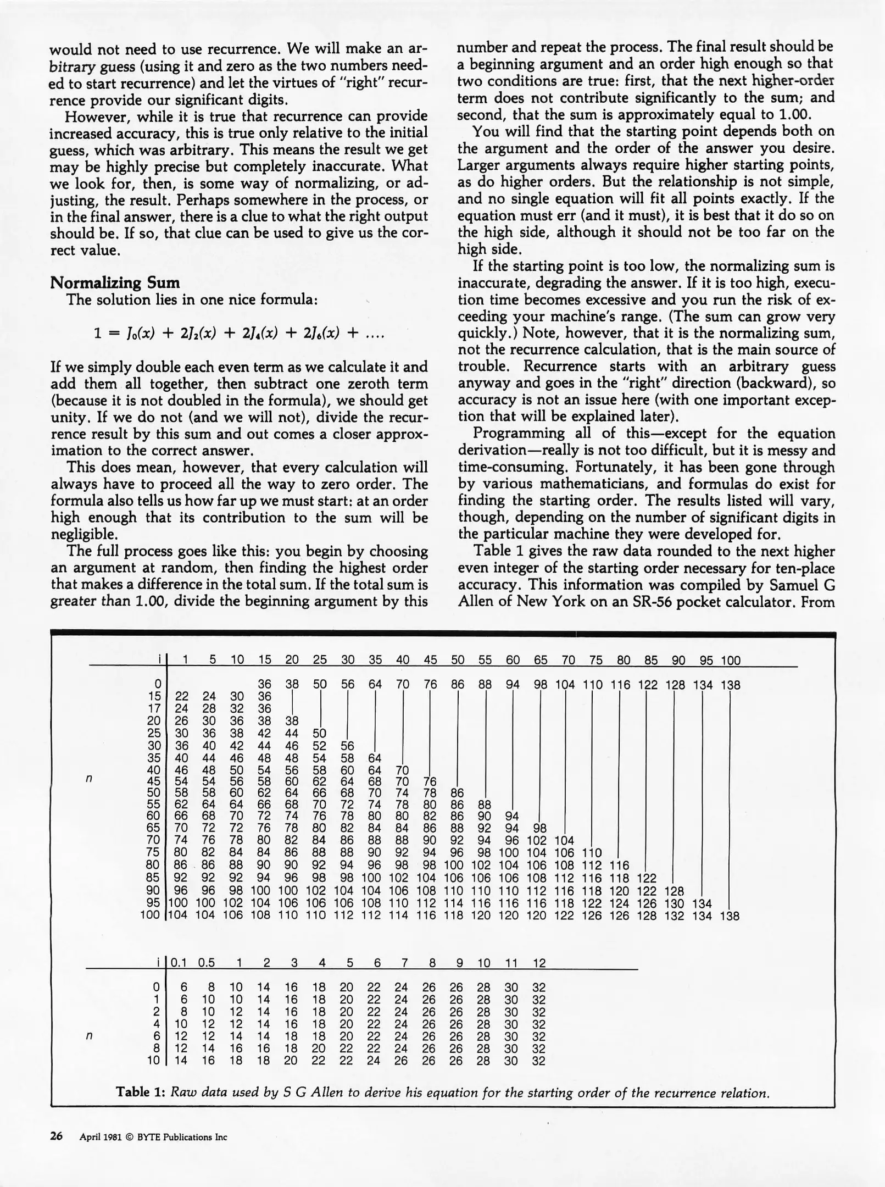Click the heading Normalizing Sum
tap(115, 283)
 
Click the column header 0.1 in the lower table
tap(179, 963)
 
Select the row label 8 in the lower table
tap(156, 1049)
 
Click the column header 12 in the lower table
tap(539, 963)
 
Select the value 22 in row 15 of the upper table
tap(181, 697)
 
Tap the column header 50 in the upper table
tap(457, 661)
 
